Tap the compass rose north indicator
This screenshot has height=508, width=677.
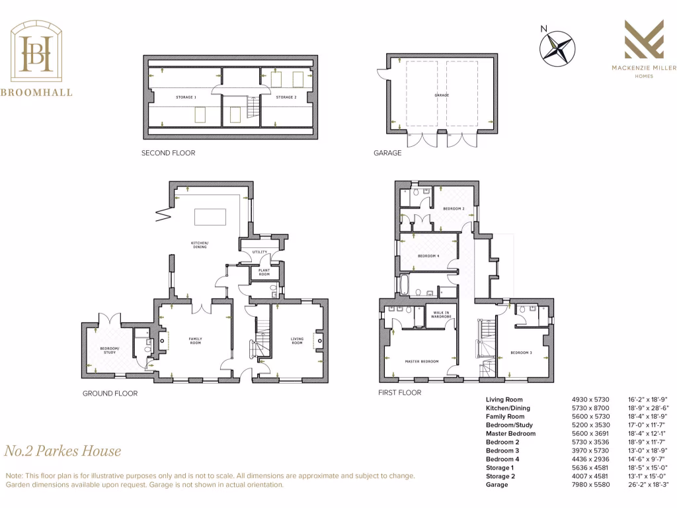click(557, 49)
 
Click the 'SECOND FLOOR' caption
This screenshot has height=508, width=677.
click(168, 153)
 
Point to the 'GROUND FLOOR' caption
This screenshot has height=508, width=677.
click(110, 394)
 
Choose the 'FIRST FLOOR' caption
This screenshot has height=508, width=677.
click(400, 392)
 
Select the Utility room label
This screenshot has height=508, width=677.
click(259, 252)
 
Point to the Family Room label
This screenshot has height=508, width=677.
click(195, 341)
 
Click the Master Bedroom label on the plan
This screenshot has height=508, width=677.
click(422, 361)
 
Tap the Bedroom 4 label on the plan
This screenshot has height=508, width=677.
click(428, 256)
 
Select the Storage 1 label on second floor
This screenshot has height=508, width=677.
click(185, 97)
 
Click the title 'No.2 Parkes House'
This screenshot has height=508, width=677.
click(63, 451)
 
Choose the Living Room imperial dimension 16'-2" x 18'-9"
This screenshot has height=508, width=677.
click(647, 400)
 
